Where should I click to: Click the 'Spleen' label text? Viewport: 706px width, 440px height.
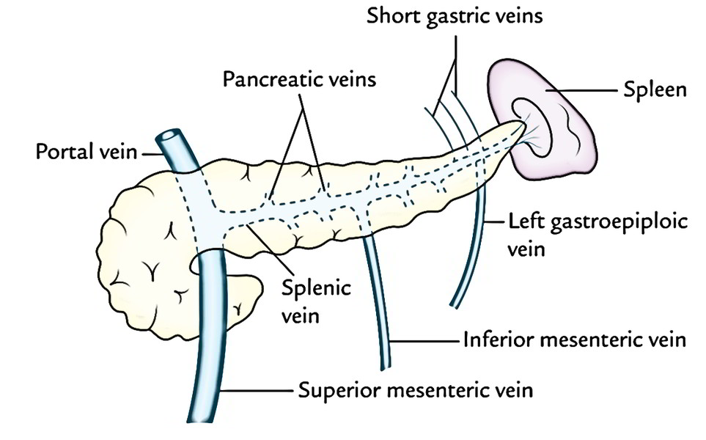pos(655,90)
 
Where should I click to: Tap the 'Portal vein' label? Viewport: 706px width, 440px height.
pos(87,152)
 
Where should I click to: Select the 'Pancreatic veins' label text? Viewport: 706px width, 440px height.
pos(299,80)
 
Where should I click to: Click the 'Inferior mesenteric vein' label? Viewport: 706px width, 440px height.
pos(575,340)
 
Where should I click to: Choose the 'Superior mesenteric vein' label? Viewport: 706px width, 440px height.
pos(416,390)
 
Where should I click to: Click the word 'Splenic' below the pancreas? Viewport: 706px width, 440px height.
pos(316,288)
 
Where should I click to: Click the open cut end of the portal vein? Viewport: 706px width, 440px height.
pos(171,136)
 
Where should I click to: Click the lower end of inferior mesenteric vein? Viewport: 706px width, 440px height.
pos(386,367)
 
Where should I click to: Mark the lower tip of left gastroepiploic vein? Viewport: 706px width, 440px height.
pos(455,306)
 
